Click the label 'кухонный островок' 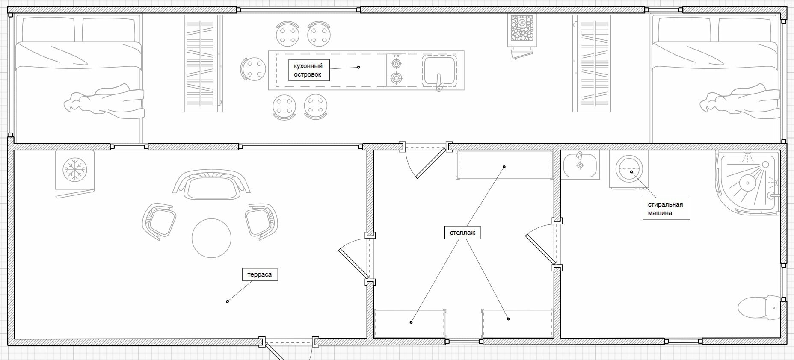(308, 70)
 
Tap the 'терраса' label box (259, 274)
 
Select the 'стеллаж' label (462, 233)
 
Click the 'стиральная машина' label (666, 209)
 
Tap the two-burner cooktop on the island (397, 71)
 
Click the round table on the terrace (211, 238)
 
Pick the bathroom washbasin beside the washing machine (581, 165)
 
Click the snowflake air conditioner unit (75, 170)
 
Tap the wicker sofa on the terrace (211, 185)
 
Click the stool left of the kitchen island (252, 70)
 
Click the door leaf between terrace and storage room (354, 263)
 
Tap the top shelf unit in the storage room (505, 165)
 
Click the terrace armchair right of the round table (261, 220)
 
